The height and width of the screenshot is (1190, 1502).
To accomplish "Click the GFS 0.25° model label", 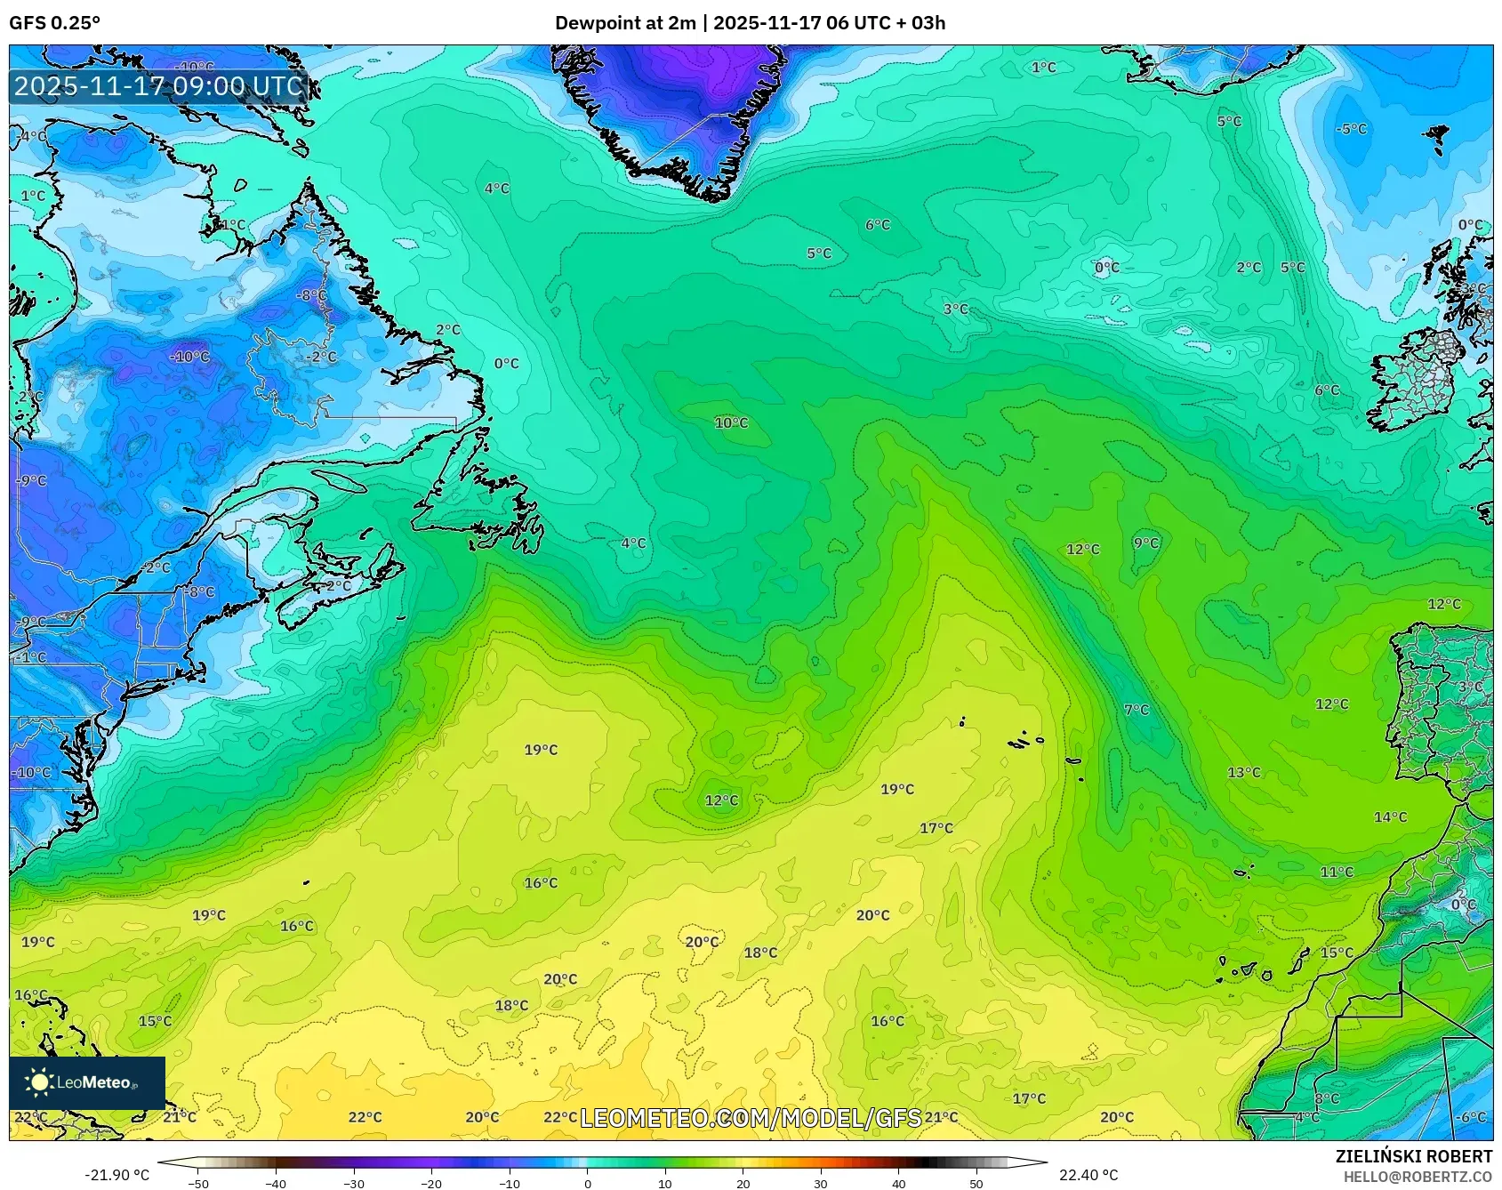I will pos(54,23).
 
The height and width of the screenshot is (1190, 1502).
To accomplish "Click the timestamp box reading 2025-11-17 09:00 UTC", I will pos(159,86).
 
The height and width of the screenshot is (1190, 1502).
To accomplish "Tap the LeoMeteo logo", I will pos(86,1082).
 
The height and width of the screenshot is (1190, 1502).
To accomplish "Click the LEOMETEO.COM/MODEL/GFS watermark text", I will pos(751,1118).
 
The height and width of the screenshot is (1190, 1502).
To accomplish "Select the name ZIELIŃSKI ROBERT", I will pos(1413,1156).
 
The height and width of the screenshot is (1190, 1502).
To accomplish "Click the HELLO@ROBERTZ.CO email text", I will pos(1417,1177).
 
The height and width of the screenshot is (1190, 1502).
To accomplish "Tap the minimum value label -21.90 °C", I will pos(116,1175).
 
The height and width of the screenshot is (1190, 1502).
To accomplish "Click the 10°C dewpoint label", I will pos(731,423).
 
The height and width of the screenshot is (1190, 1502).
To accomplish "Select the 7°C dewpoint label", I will pos(1137,710).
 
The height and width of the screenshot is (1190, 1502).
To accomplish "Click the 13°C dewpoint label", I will pos(1243,773).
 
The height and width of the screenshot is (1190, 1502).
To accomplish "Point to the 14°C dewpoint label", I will pos(1390,817).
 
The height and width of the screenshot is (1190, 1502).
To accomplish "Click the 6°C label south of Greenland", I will pos(877,225).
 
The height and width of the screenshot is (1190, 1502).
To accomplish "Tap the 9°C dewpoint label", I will pos(1145,543).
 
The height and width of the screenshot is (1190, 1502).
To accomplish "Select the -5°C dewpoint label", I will pos(1350,129).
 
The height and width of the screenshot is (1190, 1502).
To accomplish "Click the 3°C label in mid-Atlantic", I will pos(955,310).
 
